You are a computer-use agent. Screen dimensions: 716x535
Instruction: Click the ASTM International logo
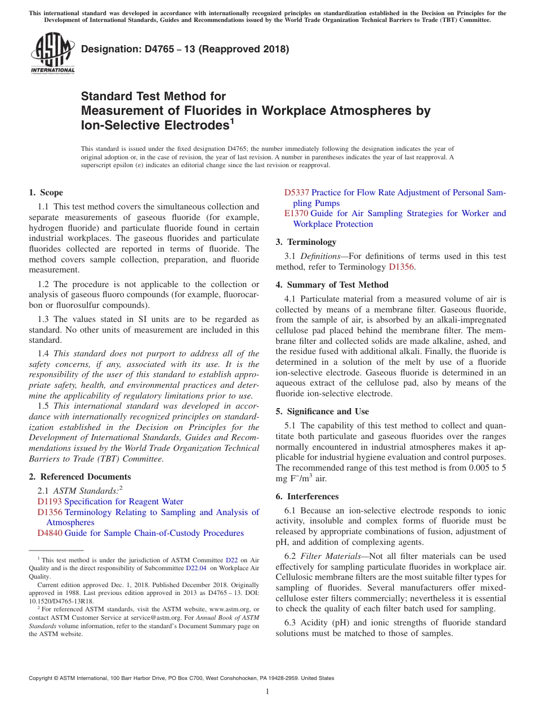click(x=52, y=54)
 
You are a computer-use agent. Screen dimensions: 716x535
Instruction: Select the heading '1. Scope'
click(x=46, y=193)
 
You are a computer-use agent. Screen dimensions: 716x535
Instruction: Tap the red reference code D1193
click(x=50, y=502)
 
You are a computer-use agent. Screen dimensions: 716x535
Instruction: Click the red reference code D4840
click(x=50, y=533)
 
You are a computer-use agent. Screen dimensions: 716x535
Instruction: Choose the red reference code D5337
click(x=296, y=193)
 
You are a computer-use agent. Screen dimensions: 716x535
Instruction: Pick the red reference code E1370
click(x=296, y=213)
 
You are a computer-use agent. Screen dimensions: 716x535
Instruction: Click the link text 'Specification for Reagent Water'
click(x=123, y=502)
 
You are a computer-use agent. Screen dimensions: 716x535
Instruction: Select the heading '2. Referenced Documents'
click(x=79, y=477)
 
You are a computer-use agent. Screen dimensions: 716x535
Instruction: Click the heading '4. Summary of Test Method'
click(x=332, y=285)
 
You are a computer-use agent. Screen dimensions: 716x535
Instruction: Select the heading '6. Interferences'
click(x=307, y=496)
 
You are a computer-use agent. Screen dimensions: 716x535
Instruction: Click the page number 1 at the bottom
click(x=267, y=691)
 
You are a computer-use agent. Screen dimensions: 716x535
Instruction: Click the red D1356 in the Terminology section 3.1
click(x=402, y=267)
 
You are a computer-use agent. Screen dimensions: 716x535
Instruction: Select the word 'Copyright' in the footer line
click(x=43, y=678)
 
